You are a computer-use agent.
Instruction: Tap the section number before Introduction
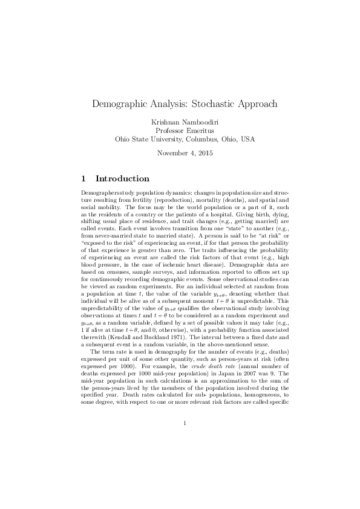coord(83,179)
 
